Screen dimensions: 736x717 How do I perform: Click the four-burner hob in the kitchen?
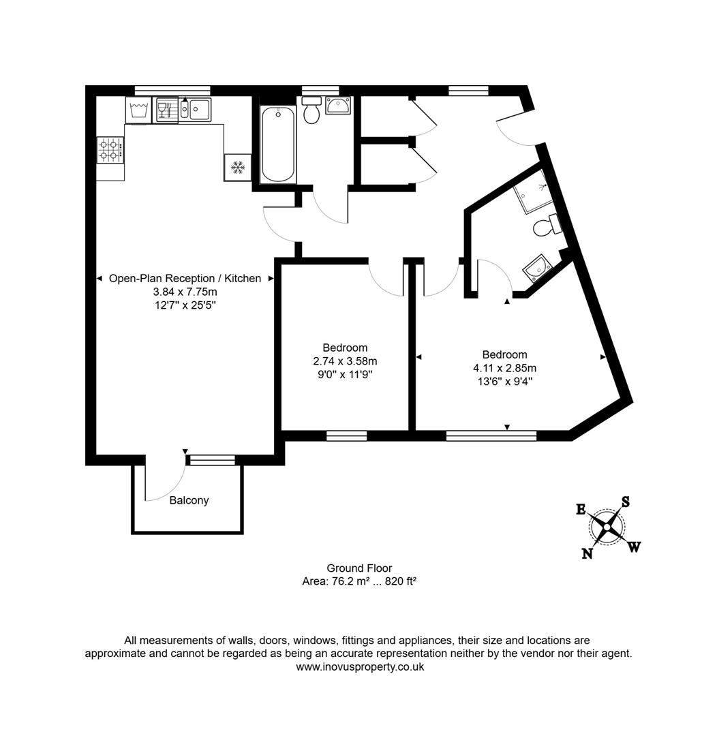coord(110,149)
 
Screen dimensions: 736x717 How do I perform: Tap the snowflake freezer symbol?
coord(238,166)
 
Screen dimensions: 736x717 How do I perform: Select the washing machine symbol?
coord(138,110)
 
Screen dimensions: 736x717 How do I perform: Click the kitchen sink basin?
coord(200,108)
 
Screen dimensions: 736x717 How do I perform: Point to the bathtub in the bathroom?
coord(278,144)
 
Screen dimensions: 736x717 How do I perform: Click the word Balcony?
coord(189,500)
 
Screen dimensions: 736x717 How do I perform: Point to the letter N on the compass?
coord(587,553)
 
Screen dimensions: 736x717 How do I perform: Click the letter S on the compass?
coord(625,502)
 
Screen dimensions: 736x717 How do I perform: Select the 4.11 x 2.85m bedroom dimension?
coord(504,368)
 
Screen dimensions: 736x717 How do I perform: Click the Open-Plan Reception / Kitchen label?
coord(185,278)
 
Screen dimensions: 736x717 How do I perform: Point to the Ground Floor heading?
coord(359,568)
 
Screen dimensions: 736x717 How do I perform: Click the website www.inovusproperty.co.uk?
coord(359,666)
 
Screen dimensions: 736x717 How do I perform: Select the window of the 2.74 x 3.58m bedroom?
coord(346,436)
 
